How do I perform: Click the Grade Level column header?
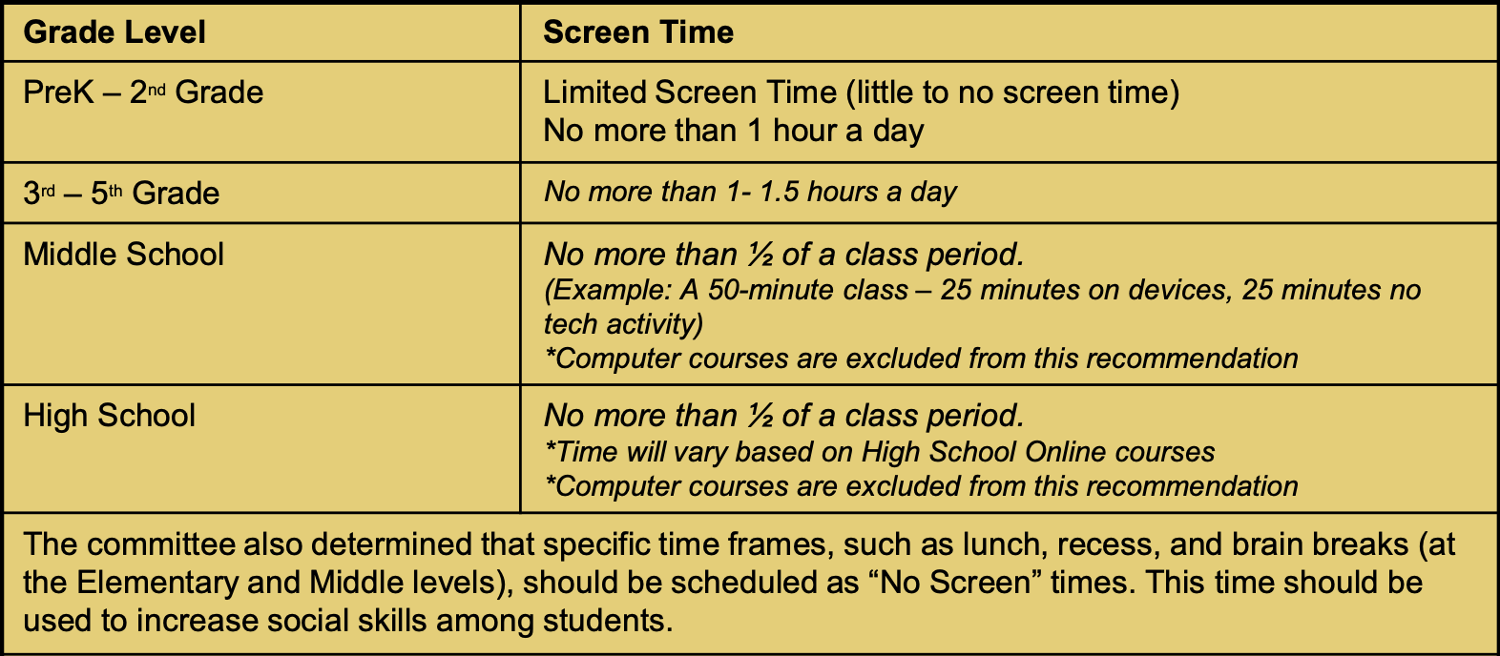(x=115, y=32)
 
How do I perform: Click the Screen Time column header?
(x=638, y=32)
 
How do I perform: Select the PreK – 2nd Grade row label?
(x=143, y=92)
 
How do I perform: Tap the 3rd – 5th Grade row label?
(x=121, y=194)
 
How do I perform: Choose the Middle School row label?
(x=123, y=255)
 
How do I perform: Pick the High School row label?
(x=109, y=416)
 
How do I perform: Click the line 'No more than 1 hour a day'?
(x=733, y=131)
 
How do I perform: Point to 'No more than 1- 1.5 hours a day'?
(x=750, y=192)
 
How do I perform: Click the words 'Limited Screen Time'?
(x=689, y=92)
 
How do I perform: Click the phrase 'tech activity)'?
(x=623, y=324)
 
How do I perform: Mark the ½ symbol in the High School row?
(x=760, y=416)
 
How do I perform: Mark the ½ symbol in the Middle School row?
(x=760, y=255)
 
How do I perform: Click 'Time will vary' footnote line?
(x=879, y=451)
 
